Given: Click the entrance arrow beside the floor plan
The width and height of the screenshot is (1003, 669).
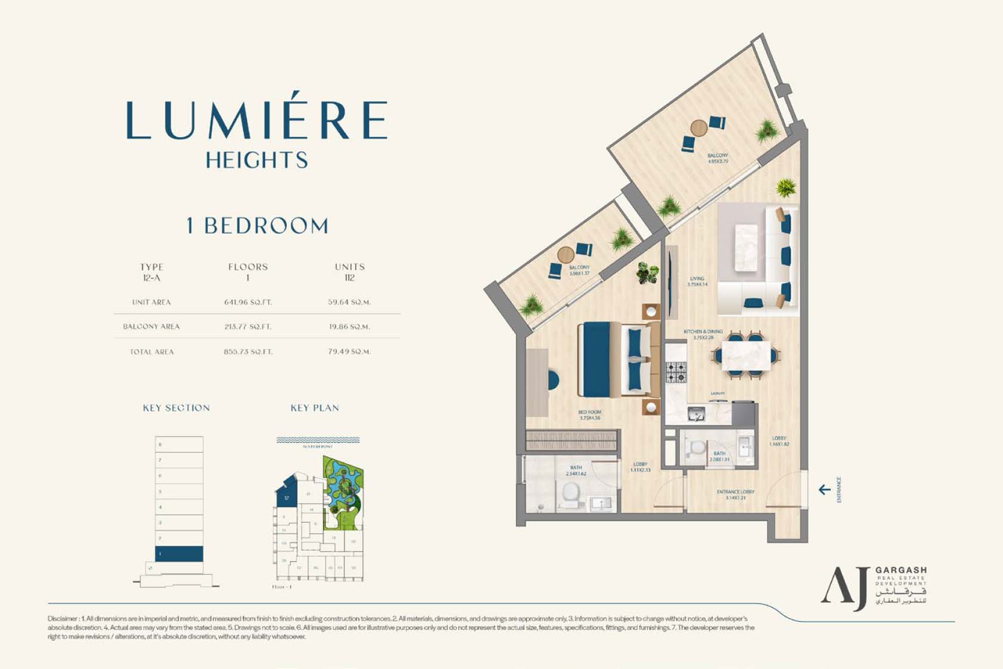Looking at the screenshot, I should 824,490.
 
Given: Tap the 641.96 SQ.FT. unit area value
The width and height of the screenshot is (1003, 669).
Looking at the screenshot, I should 248,302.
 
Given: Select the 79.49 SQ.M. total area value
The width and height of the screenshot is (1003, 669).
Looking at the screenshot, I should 349,351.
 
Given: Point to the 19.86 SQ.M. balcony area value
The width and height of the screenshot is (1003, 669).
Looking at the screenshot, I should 349,326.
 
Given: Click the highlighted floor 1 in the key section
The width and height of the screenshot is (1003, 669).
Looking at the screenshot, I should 179,553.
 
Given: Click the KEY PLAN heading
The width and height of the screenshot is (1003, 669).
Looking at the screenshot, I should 315,408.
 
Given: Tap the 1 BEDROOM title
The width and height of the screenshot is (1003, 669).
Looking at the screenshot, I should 257,226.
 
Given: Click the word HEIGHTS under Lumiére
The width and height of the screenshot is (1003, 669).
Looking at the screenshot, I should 257,160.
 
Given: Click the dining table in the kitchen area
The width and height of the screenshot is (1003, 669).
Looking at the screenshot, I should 746,356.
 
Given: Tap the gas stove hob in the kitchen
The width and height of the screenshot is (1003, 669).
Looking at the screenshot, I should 676,372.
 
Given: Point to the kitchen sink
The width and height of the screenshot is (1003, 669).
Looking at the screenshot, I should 695,413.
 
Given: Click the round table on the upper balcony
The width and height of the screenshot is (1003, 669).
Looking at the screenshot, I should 698,127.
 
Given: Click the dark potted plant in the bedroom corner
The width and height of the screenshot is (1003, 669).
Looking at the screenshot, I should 647,273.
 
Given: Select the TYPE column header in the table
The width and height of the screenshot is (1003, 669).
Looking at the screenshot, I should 151,267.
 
